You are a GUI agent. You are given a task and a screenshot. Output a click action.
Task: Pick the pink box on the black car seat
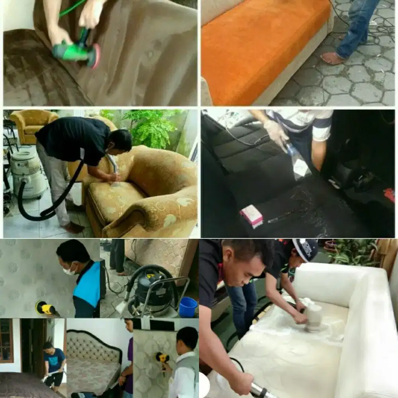coord(252,215)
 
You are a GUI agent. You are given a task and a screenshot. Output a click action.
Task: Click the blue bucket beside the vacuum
coord(188,307)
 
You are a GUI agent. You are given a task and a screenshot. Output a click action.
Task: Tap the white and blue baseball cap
coord(306,250)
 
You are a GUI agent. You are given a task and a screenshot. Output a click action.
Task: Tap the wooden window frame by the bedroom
coord(6,341)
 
